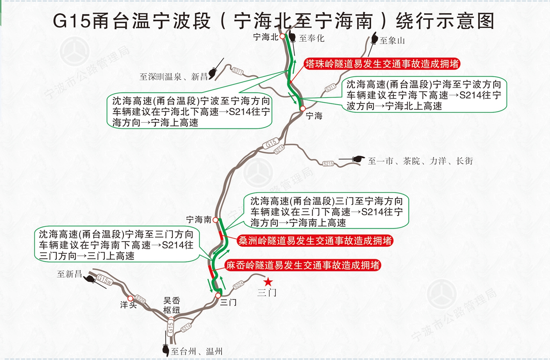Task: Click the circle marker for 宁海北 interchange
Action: tap(282, 36)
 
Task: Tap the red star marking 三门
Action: tap(268, 282)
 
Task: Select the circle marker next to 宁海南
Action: tap(215, 220)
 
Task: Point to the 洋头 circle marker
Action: tap(131, 298)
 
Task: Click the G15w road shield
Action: tap(104, 280)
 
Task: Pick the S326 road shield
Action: tap(140, 299)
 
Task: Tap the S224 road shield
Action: tap(238, 285)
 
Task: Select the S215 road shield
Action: tap(328, 164)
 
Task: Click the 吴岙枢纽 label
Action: tap(172, 305)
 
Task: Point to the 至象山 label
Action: tap(392, 40)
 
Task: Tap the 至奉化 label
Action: tap(312, 38)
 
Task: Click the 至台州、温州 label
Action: tap(197, 352)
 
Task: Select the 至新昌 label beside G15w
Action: tap(69, 274)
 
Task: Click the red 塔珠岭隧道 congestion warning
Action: tap(382, 64)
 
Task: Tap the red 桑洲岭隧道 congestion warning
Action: tap(315, 241)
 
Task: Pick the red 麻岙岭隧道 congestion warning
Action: tap(303, 265)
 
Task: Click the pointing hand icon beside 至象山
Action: tap(374, 38)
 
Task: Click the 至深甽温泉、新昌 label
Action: tap(173, 77)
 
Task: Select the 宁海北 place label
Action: tap(266, 37)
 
